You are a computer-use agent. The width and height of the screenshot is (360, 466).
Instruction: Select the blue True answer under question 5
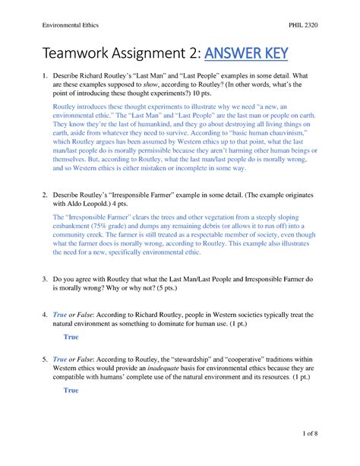pyautogui.click(x=71, y=390)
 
